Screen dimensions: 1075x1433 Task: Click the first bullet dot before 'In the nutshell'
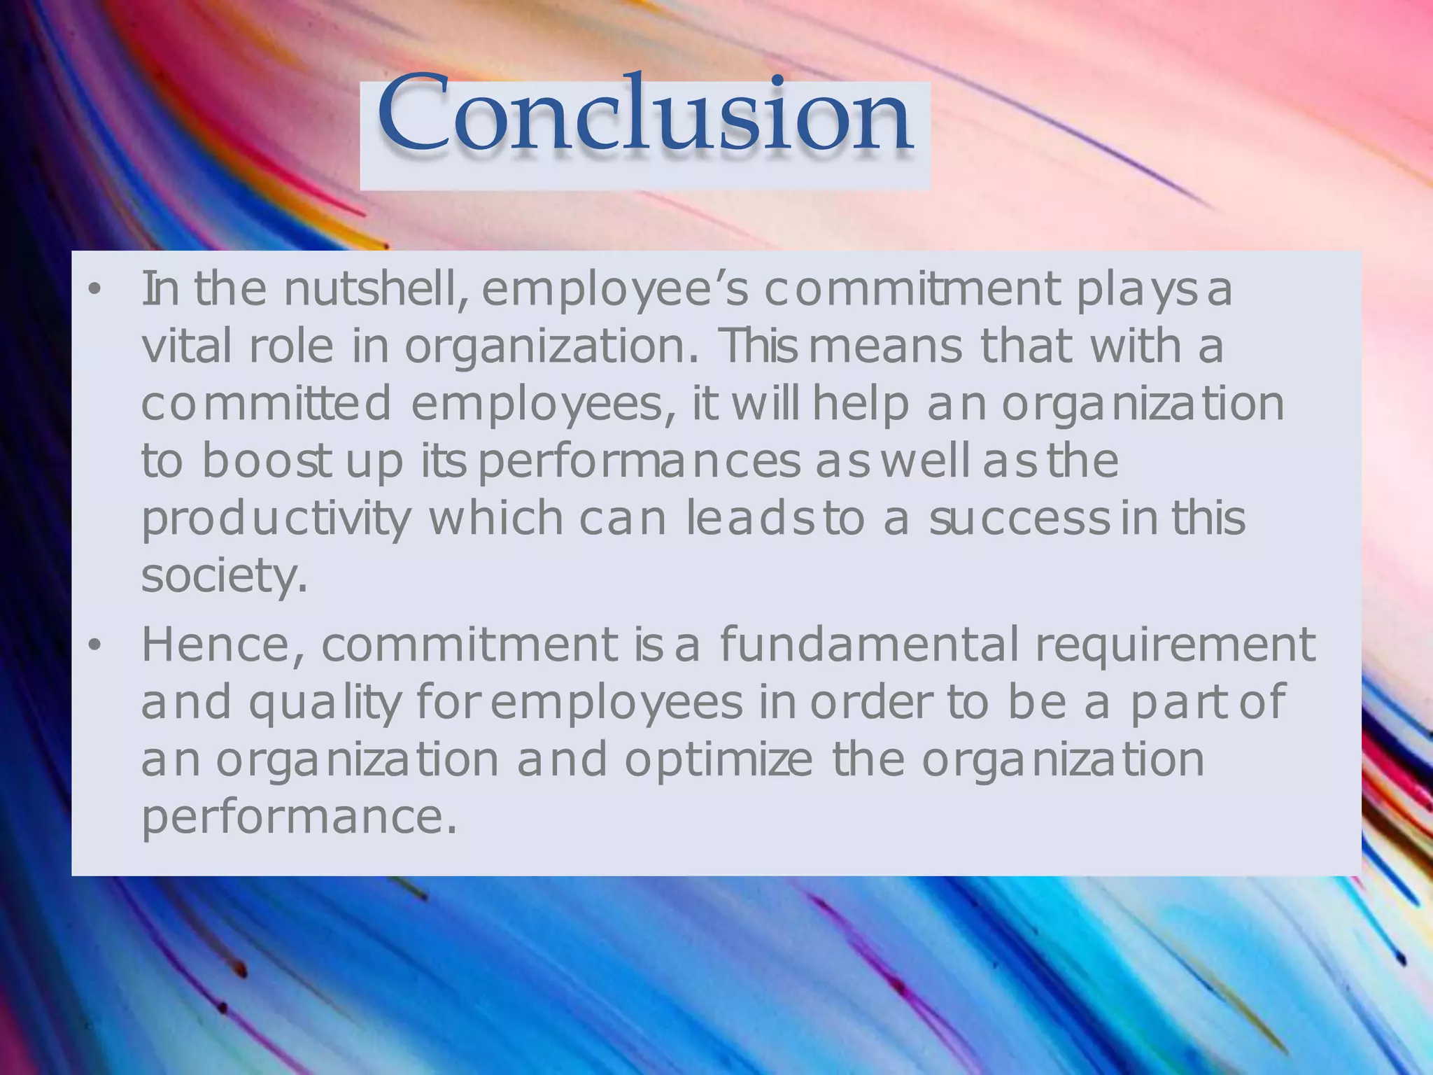click(x=95, y=289)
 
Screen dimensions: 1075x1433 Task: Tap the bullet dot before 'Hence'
click(x=95, y=645)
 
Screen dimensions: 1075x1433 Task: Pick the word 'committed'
click(x=266, y=404)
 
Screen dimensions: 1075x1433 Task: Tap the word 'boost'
click(x=266, y=461)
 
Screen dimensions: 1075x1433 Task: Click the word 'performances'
click(x=639, y=463)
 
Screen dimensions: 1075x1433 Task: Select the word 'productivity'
click(x=276, y=520)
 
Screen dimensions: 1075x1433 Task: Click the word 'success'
click(x=1019, y=519)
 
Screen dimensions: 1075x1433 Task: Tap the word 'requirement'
click(x=1176, y=646)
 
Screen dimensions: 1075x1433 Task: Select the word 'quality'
click(x=325, y=703)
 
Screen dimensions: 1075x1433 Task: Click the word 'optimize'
click(x=719, y=761)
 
